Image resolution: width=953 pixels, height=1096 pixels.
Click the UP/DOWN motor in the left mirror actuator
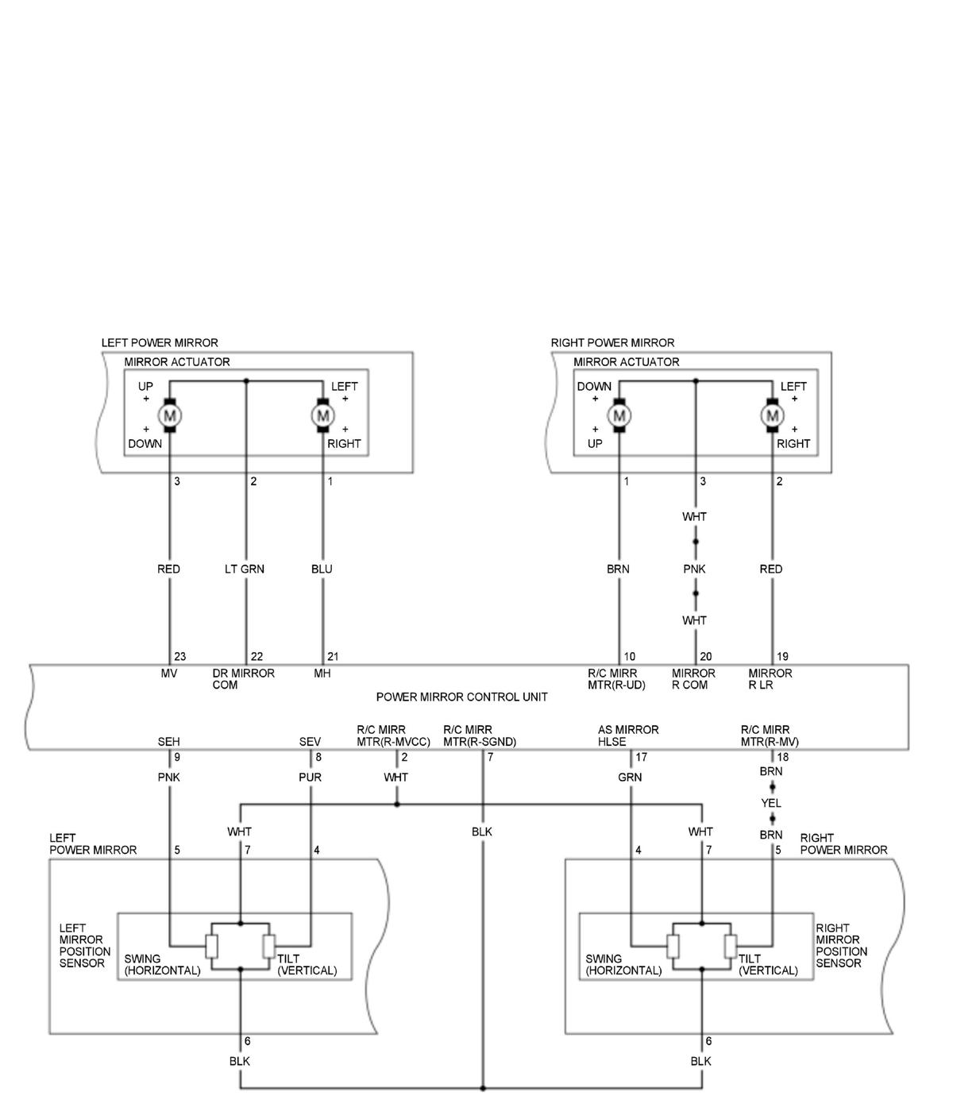[x=169, y=415]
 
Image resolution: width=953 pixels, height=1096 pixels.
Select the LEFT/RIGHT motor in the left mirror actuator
[x=322, y=415]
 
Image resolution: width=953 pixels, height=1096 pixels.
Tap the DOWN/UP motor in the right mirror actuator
[x=619, y=415]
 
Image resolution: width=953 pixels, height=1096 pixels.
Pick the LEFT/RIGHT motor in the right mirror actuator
[x=771, y=415]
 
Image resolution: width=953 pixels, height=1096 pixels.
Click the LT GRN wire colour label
[x=245, y=569]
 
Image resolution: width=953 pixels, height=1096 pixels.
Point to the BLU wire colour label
[x=322, y=569]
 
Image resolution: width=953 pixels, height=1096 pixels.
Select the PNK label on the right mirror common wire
[x=694, y=569]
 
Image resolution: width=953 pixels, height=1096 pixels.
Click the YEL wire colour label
[x=770, y=803]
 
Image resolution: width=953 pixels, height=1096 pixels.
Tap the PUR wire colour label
[x=310, y=777]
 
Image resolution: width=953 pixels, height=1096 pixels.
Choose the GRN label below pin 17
[x=630, y=777]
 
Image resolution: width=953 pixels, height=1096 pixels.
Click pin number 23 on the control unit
[x=180, y=657]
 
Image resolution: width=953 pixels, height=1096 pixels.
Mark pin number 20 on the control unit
[x=705, y=657]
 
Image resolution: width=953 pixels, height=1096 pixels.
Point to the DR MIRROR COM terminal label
[x=243, y=679]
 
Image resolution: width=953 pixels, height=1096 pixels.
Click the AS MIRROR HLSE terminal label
[x=628, y=735]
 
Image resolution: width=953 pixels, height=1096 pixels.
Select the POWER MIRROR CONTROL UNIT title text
[x=461, y=697]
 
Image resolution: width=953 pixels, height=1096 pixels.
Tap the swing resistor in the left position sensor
[x=211, y=946]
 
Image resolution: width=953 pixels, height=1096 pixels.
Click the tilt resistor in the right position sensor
[x=730, y=946]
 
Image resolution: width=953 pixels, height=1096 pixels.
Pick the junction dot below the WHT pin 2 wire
[x=397, y=805]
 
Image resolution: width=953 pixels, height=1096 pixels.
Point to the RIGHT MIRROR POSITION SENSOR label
[x=841, y=945]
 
